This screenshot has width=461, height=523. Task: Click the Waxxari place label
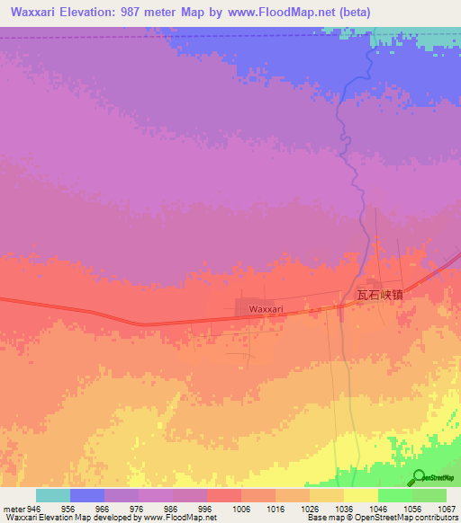coord(267,309)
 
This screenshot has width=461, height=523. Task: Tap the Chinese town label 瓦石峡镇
coord(378,294)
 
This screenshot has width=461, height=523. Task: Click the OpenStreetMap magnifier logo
coord(418,476)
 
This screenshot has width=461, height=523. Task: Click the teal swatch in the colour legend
coord(53,495)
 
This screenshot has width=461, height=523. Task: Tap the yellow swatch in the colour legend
coord(361,495)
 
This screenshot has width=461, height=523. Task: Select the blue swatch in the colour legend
coord(87,495)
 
